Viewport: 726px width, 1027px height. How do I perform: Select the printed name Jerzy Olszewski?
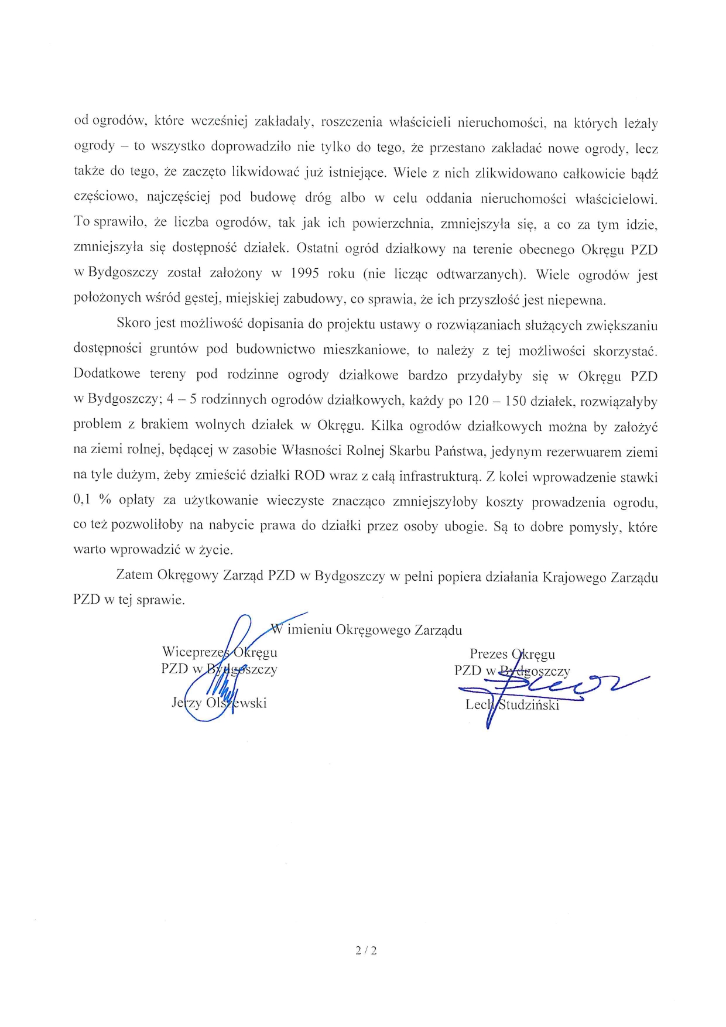pyautogui.click(x=219, y=703)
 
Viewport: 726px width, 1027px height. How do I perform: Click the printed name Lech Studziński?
pyautogui.click(x=512, y=704)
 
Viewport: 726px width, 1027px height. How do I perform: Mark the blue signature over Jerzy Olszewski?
pyautogui.click(x=220, y=673)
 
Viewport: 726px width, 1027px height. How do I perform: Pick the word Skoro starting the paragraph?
pyautogui.click(x=133, y=323)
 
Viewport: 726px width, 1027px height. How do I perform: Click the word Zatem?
pyautogui.click(x=134, y=575)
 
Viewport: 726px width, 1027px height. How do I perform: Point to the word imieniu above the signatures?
pyautogui.click(x=310, y=630)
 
